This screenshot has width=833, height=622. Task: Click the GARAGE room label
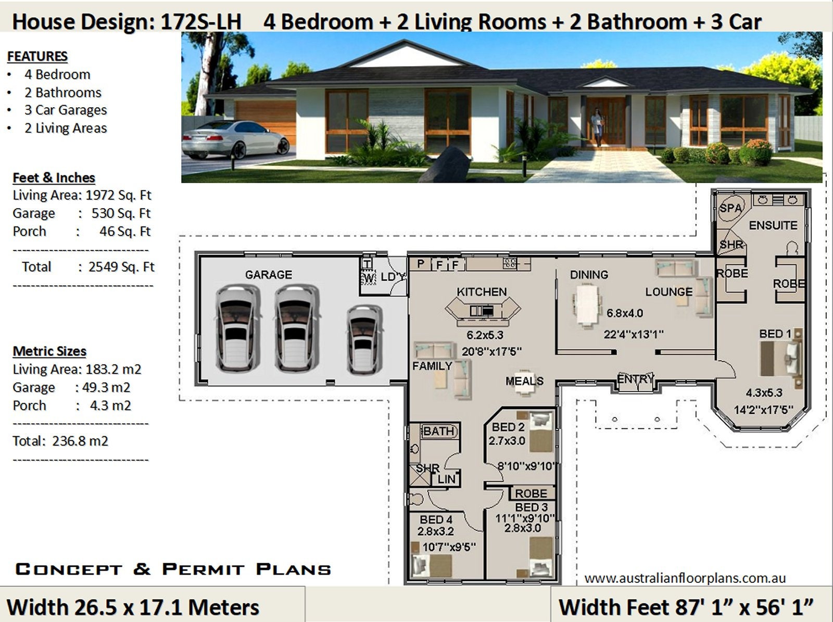coord(268,274)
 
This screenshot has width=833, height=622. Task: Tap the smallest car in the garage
coord(364,339)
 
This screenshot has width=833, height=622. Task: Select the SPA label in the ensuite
coord(730,208)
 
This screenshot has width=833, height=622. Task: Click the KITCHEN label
coord(482,291)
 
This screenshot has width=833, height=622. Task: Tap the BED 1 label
coord(775,334)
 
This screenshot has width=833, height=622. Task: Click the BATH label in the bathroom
coord(439,431)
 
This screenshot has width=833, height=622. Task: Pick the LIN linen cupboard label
coord(446,479)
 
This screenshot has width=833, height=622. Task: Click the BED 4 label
coord(436,519)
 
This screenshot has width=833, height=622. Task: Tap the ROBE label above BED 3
coord(531,493)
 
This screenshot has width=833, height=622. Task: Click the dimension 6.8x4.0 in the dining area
coord(625,313)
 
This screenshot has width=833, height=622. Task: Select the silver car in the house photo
coord(234,139)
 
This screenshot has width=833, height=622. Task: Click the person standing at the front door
coord(597,126)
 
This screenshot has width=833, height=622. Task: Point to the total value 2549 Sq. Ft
coord(121,267)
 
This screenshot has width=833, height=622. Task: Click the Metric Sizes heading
coord(49,351)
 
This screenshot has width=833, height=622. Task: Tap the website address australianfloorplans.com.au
coord(685,578)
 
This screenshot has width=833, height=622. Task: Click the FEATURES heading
coord(37,56)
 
